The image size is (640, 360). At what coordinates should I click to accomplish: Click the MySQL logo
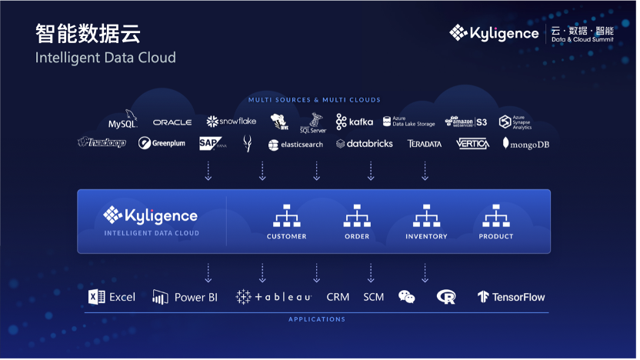pos(122,122)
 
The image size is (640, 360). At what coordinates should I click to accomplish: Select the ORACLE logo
pos(172,122)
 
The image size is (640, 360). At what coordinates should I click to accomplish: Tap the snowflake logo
pos(231,122)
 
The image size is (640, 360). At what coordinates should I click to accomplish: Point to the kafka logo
pos(355,122)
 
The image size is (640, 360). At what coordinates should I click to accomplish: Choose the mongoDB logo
pos(526,143)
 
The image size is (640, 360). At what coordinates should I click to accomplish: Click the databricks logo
pos(365,144)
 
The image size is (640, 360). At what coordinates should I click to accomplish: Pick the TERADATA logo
pos(425,144)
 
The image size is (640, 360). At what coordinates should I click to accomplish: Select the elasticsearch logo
pos(295,145)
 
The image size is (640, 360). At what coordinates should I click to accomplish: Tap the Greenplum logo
pos(162,143)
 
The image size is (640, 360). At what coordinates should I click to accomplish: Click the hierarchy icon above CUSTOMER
pos(286,215)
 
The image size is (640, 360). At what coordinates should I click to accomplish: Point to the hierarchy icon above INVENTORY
pos(426,215)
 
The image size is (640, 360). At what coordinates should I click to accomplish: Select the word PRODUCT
pos(496,236)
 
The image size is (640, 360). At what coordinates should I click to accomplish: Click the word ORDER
pos(357,236)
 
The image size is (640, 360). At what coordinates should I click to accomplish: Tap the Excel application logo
pos(112,297)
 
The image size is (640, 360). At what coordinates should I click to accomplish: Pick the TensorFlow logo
pos(511,297)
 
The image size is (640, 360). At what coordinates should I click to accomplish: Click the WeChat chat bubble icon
pos(407,297)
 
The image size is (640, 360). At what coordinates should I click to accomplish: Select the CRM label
pos(338,297)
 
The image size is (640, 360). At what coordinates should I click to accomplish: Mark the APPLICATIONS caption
pos(317,319)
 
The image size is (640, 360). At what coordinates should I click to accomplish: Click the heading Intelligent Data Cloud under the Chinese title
pos(105,58)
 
